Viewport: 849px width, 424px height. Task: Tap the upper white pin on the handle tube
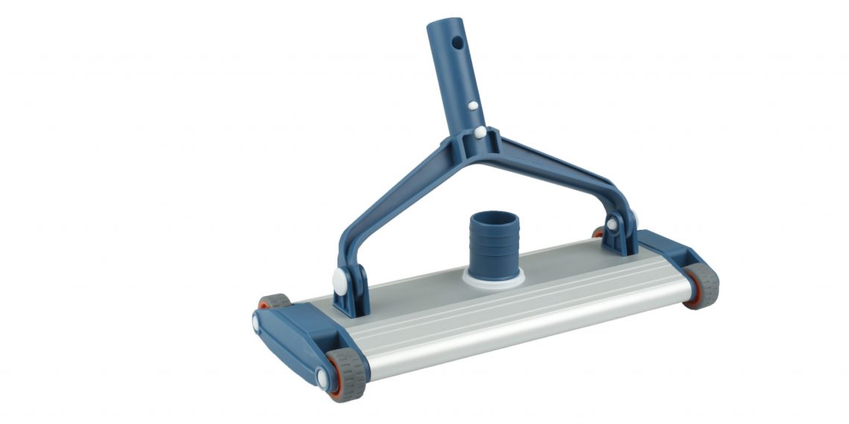click(472, 106)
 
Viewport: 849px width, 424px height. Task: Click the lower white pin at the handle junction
click(480, 132)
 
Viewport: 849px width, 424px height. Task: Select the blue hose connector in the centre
click(492, 241)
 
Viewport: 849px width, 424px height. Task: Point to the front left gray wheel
click(347, 373)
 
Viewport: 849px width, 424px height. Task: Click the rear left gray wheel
click(275, 301)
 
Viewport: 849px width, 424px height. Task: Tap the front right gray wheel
click(702, 285)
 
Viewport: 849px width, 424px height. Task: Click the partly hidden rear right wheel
click(598, 233)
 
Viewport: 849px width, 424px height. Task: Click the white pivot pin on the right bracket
click(611, 223)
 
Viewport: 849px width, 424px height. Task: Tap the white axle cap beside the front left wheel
click(322, 379)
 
